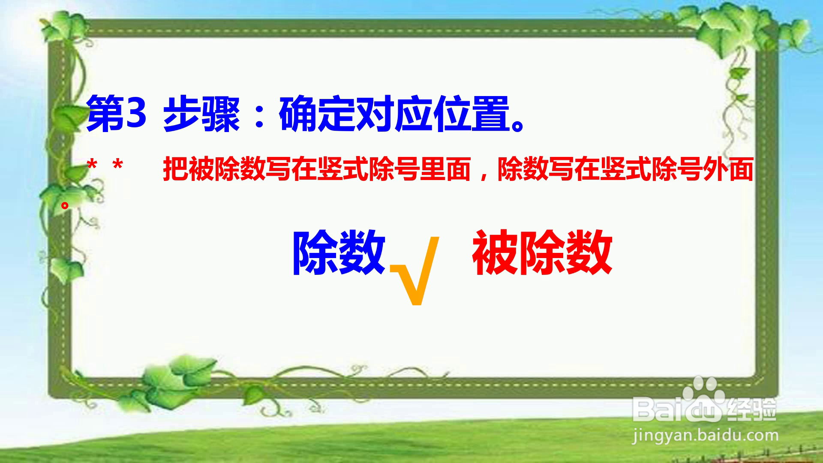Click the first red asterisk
[92, 165]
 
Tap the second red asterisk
[117, 165]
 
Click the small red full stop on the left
[65, 205]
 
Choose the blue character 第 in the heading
[105, 114]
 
